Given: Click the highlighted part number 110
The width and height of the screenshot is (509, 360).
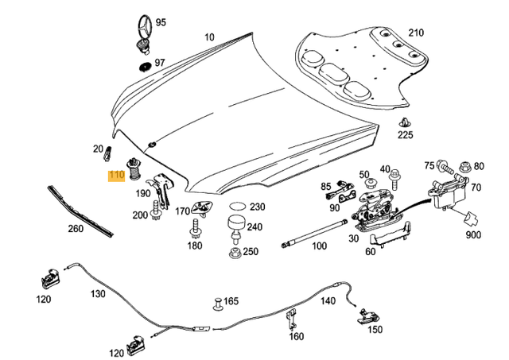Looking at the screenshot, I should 116,176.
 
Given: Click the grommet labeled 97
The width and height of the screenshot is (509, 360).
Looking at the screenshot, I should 145,65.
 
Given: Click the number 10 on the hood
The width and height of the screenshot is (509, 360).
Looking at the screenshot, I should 209,37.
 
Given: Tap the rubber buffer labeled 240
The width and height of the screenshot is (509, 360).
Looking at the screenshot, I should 235,225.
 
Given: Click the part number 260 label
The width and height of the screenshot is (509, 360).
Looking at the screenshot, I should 76,230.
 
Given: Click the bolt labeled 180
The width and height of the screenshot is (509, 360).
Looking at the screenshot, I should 194,230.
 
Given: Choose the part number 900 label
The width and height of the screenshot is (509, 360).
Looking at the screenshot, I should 474,234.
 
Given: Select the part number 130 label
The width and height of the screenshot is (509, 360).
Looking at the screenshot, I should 98,294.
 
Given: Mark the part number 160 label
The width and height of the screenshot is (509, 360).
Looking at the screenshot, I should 297,336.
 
